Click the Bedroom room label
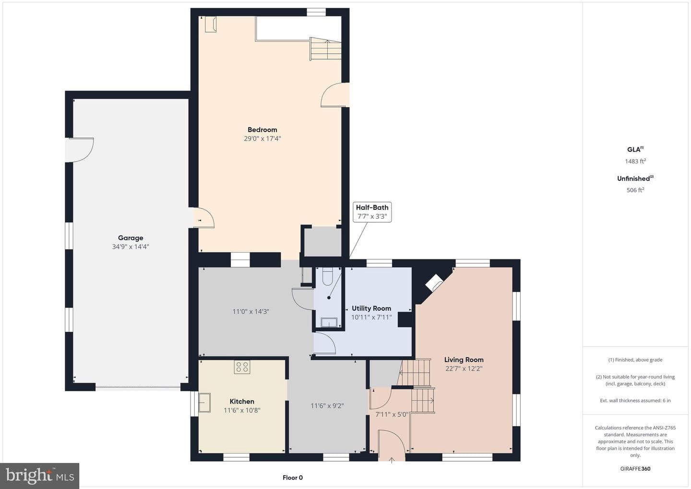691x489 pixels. point(262,130)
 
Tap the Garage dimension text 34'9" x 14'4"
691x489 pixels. point(131,246)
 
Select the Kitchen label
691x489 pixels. point(242,401)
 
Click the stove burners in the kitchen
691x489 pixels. point(242,367)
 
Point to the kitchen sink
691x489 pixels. point(204,402)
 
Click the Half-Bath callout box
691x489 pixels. point(372,212)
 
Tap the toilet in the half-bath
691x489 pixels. point(327,276)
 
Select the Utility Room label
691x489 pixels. point(371,308)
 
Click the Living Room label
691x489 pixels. point(464,360)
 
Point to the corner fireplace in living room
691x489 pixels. point(434,282)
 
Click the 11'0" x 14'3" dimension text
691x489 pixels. point(251,311)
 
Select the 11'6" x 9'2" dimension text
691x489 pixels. point(327,405)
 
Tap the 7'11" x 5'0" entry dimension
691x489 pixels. point(392,414)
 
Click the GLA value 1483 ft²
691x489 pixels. point(635,161)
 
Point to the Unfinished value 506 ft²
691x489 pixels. point(635,190)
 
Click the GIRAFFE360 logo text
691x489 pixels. point(635,469)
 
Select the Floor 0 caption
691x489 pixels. point(292,477)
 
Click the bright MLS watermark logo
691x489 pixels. point(39,476)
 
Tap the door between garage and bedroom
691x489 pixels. point(203,218)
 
